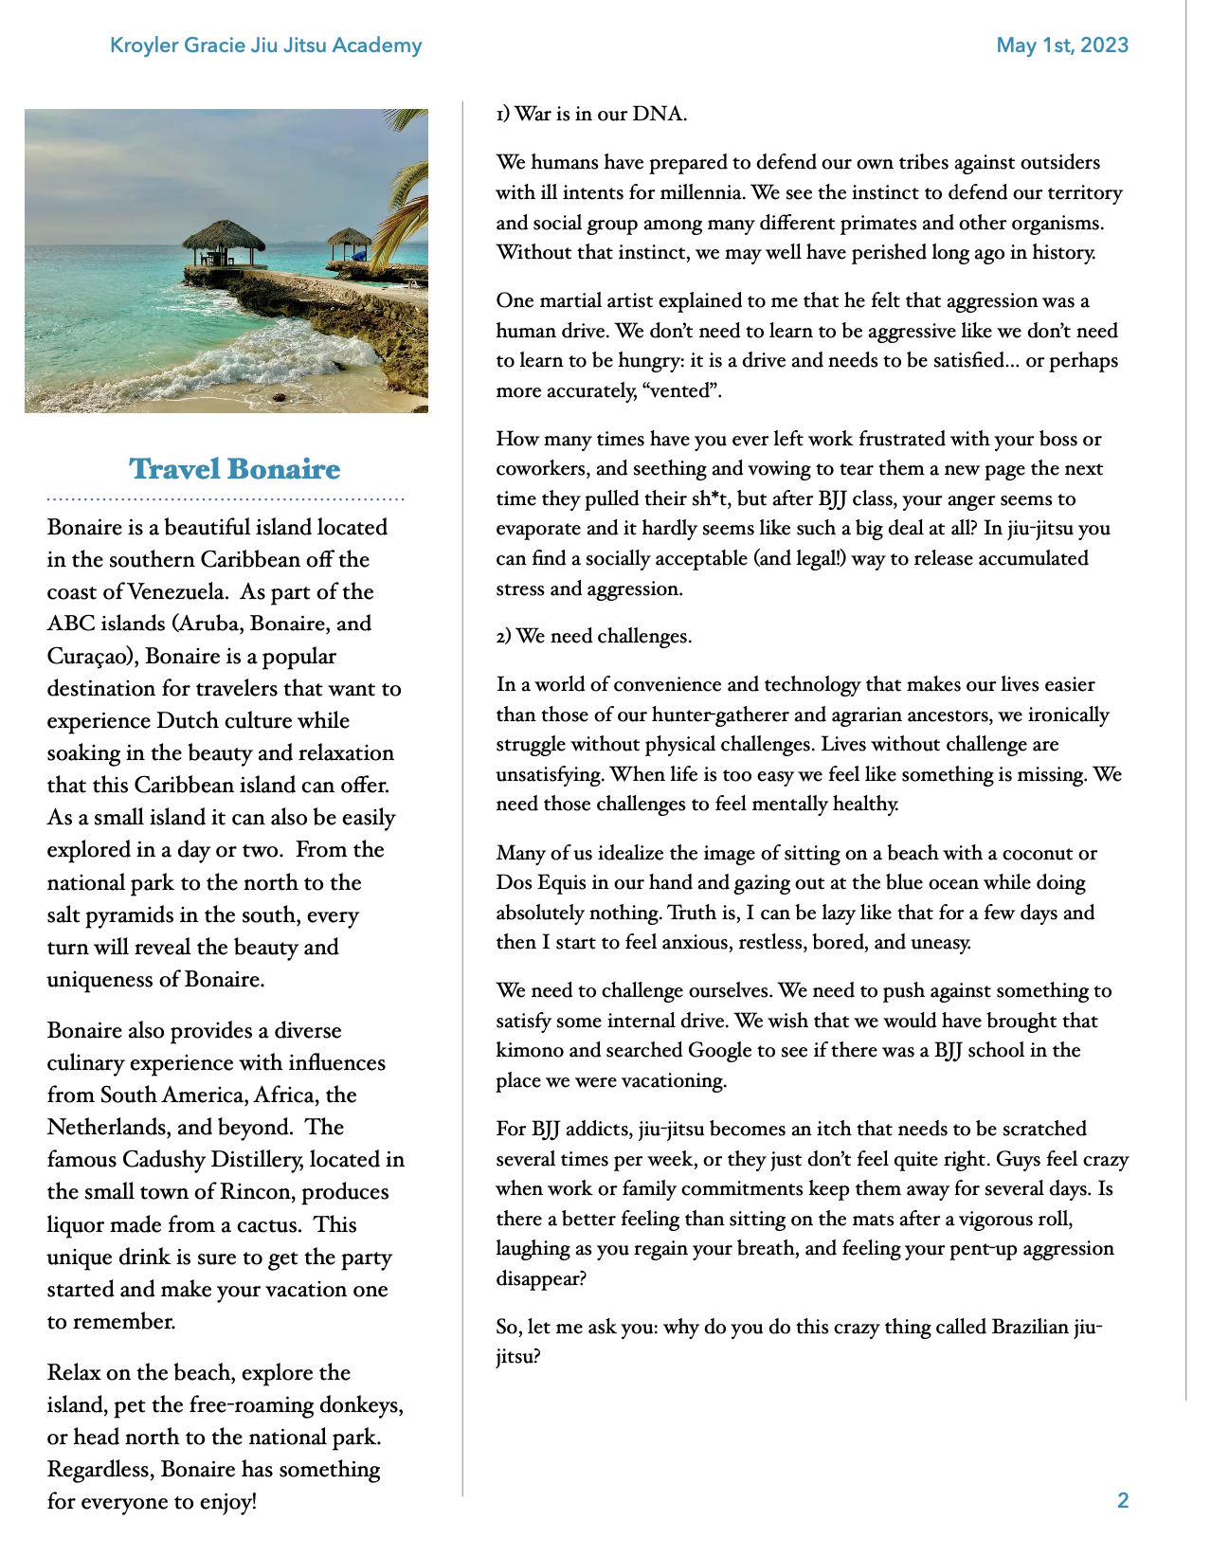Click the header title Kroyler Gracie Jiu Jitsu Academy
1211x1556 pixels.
265,45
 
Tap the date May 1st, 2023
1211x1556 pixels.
1061,45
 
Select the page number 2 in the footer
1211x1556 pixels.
1123,1500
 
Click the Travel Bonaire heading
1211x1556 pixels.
234,469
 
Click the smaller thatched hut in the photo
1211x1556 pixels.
349,243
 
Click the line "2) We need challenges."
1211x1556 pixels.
594,637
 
